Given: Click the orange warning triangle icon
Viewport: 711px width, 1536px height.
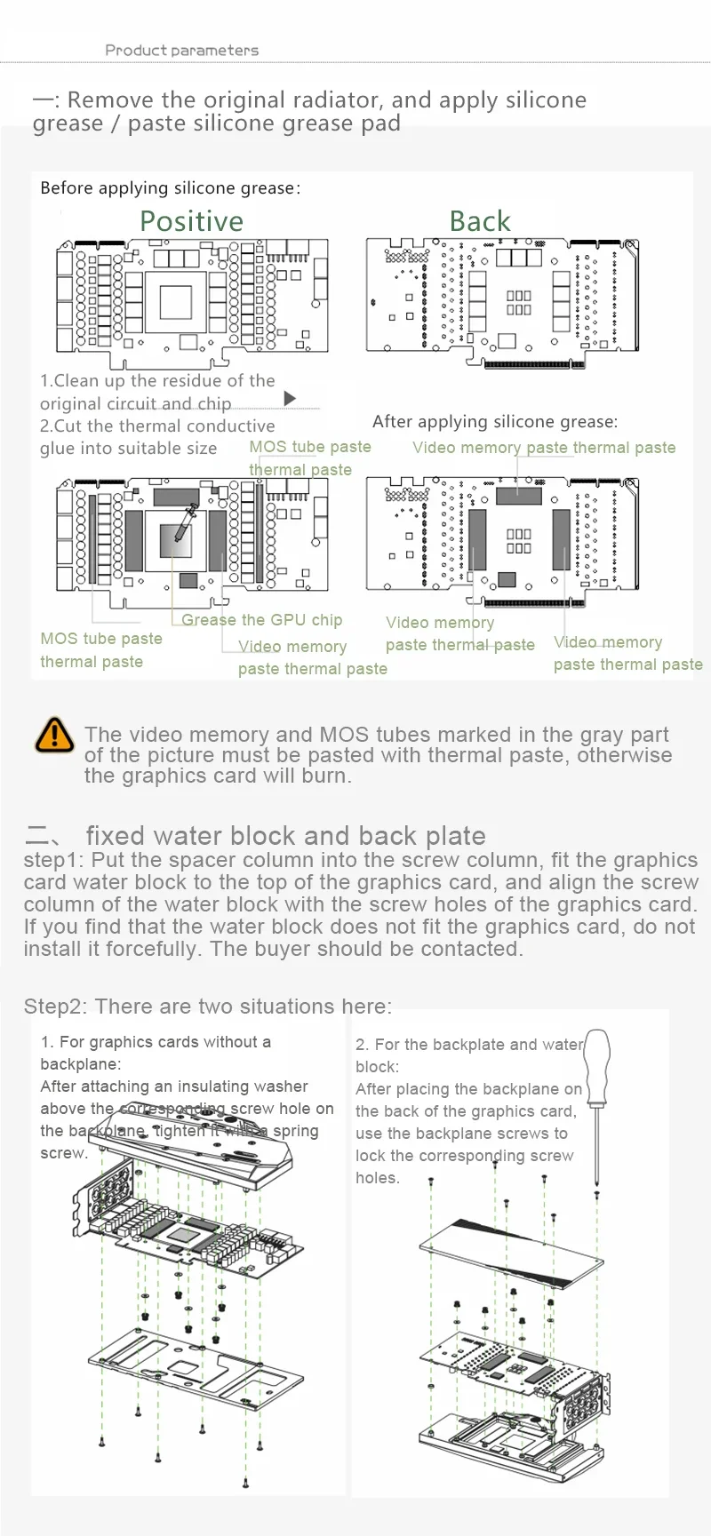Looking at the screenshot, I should point(54,735).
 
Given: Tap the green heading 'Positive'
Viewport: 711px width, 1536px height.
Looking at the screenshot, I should point(191,221).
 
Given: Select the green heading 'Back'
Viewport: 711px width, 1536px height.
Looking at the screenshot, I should point(480,221).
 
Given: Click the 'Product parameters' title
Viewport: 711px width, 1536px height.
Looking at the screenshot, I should point(181,51).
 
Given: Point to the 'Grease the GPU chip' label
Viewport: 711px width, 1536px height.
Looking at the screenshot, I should point(261,620).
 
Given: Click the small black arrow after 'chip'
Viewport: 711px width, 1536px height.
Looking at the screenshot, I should point(289,399).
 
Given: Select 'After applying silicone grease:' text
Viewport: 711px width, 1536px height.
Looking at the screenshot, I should point(494,421).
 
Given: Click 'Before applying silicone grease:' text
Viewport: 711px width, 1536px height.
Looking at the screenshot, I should point(170,188).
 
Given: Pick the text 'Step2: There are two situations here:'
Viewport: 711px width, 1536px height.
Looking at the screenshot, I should point(207,1007).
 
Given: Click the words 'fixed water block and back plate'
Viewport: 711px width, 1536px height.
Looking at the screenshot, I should point(285,836).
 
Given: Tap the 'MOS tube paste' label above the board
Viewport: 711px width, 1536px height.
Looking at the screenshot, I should point(309,447).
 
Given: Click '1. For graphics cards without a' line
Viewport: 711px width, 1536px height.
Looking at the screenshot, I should point(156,1042).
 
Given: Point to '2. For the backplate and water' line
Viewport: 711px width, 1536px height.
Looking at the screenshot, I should point(468,1045).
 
